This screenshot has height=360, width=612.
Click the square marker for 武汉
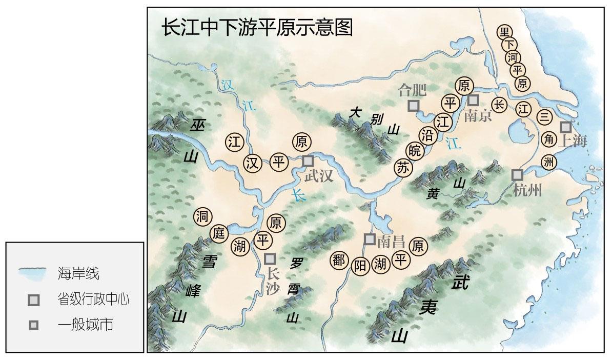(308, 161)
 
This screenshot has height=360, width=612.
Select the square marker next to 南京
(473, 99)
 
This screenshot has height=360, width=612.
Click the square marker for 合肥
(413, 106)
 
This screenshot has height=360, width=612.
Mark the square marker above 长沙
(270, 258)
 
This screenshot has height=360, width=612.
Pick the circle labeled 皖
(415, 151)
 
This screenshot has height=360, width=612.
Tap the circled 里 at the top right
(504, 32)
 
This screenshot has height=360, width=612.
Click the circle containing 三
(544, 117)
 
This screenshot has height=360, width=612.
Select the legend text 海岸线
(78, 273)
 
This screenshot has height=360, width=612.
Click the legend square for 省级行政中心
(34, 300)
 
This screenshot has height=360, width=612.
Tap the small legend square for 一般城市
(34, 325)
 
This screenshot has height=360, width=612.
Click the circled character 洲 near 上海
(548, 162)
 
